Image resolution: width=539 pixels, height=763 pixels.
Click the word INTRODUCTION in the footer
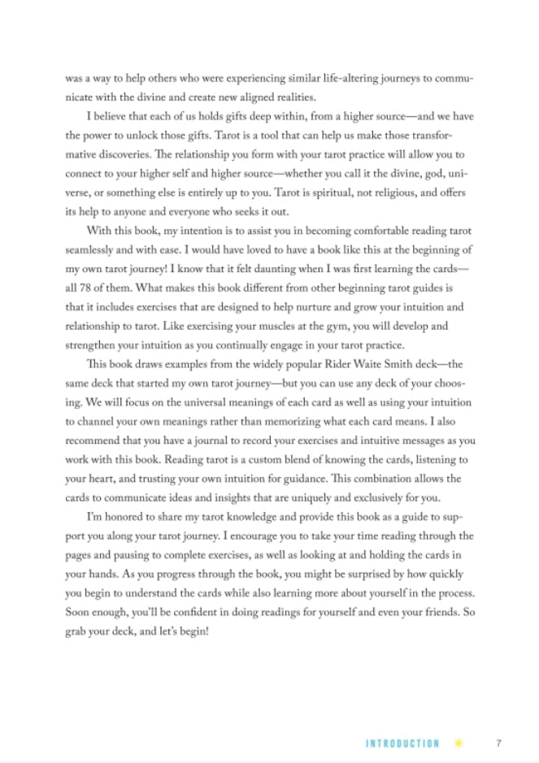402,743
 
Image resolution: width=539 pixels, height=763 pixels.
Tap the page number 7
498,743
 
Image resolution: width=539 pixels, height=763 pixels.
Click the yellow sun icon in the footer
459,743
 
